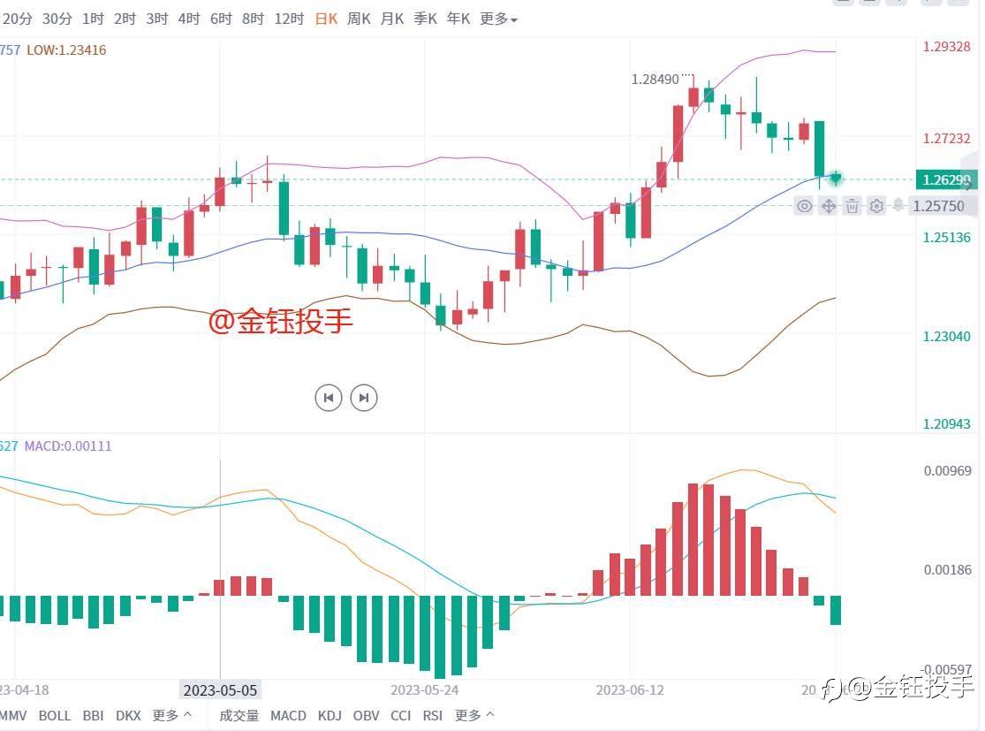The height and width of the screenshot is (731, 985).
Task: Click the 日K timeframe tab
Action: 326,19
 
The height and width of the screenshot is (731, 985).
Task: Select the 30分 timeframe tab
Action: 57,19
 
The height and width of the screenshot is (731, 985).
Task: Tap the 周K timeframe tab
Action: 359,19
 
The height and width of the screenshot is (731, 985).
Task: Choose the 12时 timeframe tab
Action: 289,19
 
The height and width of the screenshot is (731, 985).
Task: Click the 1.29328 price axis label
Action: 946,46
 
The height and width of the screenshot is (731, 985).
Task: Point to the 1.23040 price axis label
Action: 946,337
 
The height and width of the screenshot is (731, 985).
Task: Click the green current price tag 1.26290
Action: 946,180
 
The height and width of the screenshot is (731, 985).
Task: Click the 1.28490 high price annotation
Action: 655,79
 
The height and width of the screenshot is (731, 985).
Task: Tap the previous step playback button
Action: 329,398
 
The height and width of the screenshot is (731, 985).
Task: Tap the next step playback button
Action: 364,398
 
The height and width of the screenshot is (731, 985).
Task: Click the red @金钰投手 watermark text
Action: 280,322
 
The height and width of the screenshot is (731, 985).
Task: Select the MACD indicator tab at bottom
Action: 288,715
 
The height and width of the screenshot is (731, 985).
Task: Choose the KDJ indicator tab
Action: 330,715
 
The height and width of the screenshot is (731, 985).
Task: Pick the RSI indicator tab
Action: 433,715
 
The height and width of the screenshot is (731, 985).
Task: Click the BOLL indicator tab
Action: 55,715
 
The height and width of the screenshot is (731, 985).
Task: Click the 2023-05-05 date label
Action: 220,689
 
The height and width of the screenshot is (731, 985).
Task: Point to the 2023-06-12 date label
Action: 631,689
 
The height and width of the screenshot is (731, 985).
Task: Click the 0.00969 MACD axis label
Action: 947,470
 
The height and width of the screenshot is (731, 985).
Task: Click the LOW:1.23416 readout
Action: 66,50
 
